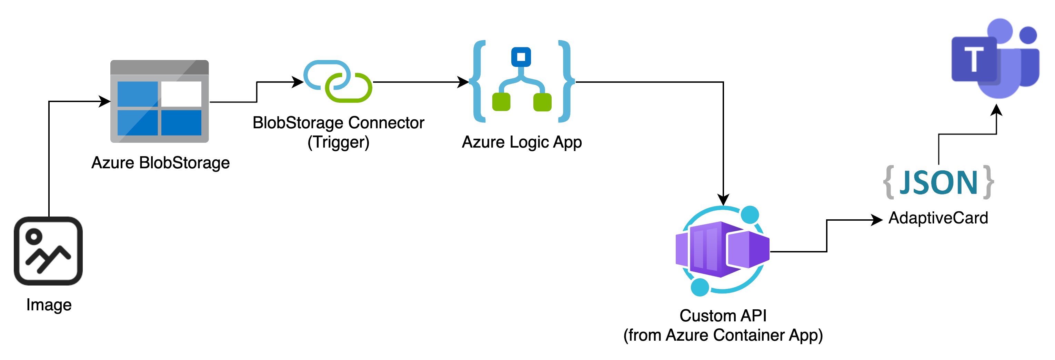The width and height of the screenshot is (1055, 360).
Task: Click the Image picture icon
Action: pyautogui.click(x=48, y=251)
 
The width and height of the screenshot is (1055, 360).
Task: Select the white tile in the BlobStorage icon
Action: pyautogui.click(x=181, y=94)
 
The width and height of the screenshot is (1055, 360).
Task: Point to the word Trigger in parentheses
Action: pyautogui.click(x=338, y=142)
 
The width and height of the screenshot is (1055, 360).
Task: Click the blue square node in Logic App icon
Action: pyautogui.click(x=521, y=57)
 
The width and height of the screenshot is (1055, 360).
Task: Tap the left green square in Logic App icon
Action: pyautogui.click(x=501, y=102)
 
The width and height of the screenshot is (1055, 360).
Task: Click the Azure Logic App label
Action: pyautogui.click(x=521, y=142)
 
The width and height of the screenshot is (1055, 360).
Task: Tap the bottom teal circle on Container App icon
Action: pyautogui.click(x=700, y=287)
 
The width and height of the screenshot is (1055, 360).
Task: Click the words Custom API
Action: pyautogui.click(x=723, y=316)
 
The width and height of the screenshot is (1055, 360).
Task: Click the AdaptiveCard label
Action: pyautogui.click(x=938, y=218)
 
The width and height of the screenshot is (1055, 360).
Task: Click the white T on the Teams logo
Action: pyautogui.click(x=974, y=60)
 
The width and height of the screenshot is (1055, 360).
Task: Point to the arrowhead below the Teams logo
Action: pyautogui.click(x=996, y=111)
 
